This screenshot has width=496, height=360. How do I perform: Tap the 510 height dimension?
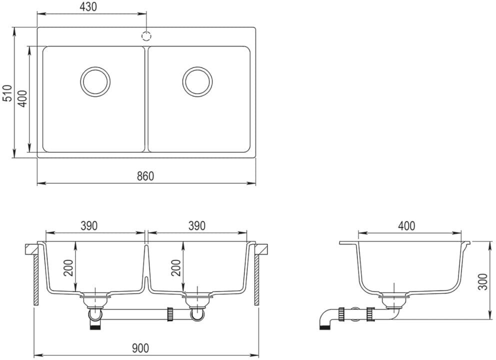point(7,93)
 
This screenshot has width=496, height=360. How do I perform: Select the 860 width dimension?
point(145,176)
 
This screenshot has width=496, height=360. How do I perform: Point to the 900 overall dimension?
point(143,348)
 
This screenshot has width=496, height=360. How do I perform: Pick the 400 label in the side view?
point(406,226)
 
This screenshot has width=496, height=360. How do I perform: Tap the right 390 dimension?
point(197,226)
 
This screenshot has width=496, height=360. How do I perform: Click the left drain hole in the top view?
point(95,81)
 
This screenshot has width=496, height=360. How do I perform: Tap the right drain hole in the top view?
point(197,81)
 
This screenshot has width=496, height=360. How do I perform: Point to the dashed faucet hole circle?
point(146,36)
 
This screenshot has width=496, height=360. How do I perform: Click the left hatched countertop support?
point(36,280)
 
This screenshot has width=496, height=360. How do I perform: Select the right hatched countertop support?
point(256,280)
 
